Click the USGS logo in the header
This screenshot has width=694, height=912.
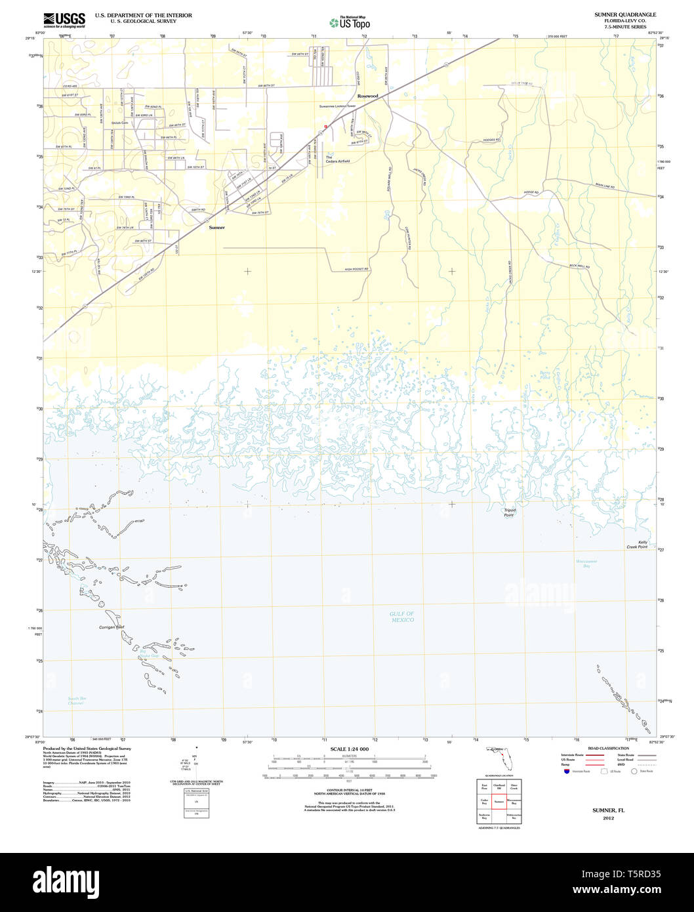tap(64, 20)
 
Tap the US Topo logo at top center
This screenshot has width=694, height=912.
tap(350, 22)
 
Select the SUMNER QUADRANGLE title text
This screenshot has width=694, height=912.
tap(624, 14)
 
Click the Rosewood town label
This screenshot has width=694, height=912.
tap(367, 96)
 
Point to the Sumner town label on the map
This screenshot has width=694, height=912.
tap(216, 228)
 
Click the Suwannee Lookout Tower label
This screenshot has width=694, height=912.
tap(337, 106)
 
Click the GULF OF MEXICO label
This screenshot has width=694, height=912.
tap(402, 617)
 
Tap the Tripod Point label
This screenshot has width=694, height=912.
tap(509, 512)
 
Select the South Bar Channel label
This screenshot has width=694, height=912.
tap(77, 701)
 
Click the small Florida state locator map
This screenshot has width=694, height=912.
tap(502, 760)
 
